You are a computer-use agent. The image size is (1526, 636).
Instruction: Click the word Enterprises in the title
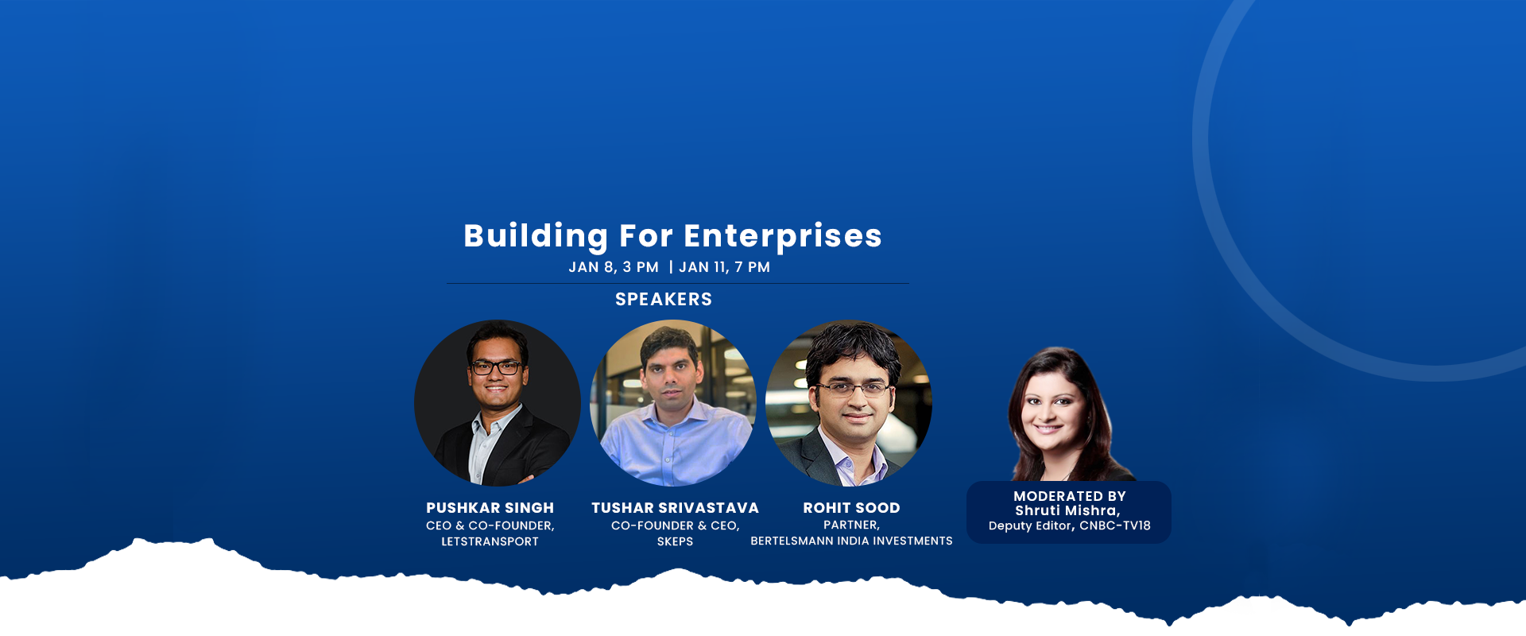783,236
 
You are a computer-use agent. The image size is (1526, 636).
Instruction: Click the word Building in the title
536,236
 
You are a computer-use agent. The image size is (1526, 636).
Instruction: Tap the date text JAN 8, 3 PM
614,267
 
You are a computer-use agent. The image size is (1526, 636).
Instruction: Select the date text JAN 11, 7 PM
724,267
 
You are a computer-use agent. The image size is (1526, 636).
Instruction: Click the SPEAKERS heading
664,300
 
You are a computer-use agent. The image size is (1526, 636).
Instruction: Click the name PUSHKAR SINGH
490,508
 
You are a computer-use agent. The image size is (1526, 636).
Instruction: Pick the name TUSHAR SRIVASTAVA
675,508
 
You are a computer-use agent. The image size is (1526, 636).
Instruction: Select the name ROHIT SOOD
851,508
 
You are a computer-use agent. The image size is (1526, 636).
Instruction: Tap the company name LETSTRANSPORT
490,541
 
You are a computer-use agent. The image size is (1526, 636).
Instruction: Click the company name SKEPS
675,541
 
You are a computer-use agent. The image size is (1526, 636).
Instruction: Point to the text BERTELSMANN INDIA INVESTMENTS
851,541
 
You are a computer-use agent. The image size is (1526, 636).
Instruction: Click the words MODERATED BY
1069,496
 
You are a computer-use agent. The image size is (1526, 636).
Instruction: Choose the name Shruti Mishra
1066,510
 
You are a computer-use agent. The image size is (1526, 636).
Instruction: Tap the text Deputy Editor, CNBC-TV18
1069,525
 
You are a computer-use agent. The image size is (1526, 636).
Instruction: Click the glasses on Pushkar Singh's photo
497,368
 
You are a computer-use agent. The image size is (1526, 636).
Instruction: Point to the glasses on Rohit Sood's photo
853,389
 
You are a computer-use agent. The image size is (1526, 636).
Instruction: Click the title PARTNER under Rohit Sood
851,525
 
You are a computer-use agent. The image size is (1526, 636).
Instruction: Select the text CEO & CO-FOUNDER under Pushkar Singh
490,525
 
